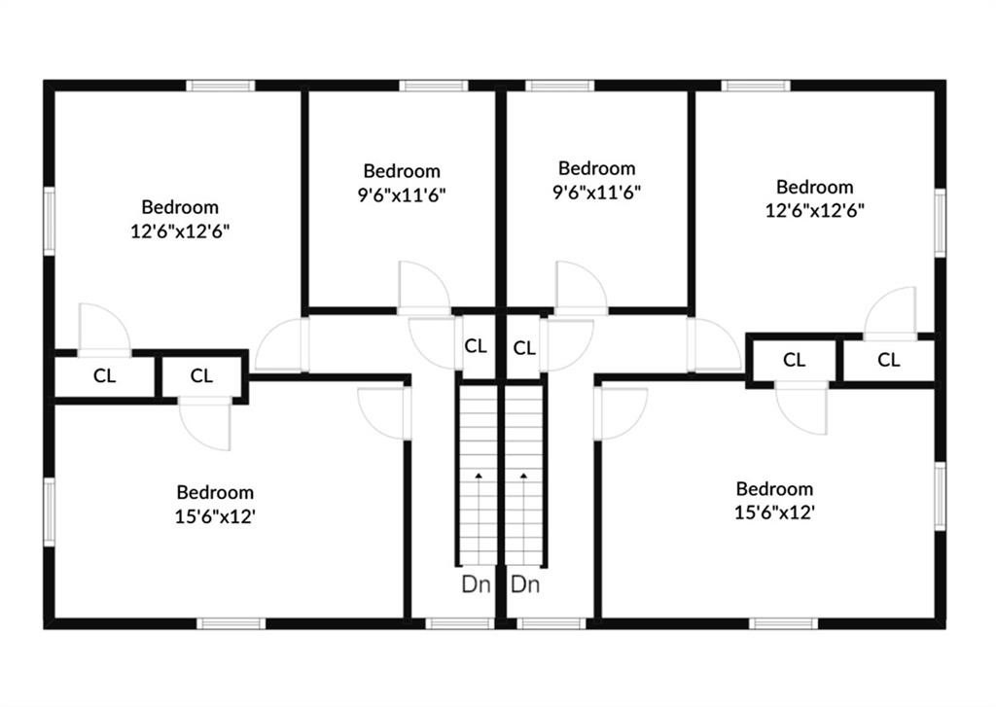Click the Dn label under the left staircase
point(476,583)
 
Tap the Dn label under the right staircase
point(525,583)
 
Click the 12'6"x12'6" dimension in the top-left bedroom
point(180,231)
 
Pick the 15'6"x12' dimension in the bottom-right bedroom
point(775,513)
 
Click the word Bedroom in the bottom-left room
point(215,492)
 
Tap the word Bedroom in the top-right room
point(815,187)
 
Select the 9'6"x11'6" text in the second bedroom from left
point(402,194)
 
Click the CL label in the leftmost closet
point(105,376)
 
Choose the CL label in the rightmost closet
point(889,360)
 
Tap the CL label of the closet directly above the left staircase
point(476,346)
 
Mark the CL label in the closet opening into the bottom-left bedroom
point(201,376)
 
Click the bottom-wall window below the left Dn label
point(459,623)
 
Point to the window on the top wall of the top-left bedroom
point(221,86)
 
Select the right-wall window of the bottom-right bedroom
point(941,496)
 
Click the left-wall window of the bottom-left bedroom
point(49,512)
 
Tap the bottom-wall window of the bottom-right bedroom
point(784,623)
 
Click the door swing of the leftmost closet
point(104,329)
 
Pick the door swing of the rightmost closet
point(890,312)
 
